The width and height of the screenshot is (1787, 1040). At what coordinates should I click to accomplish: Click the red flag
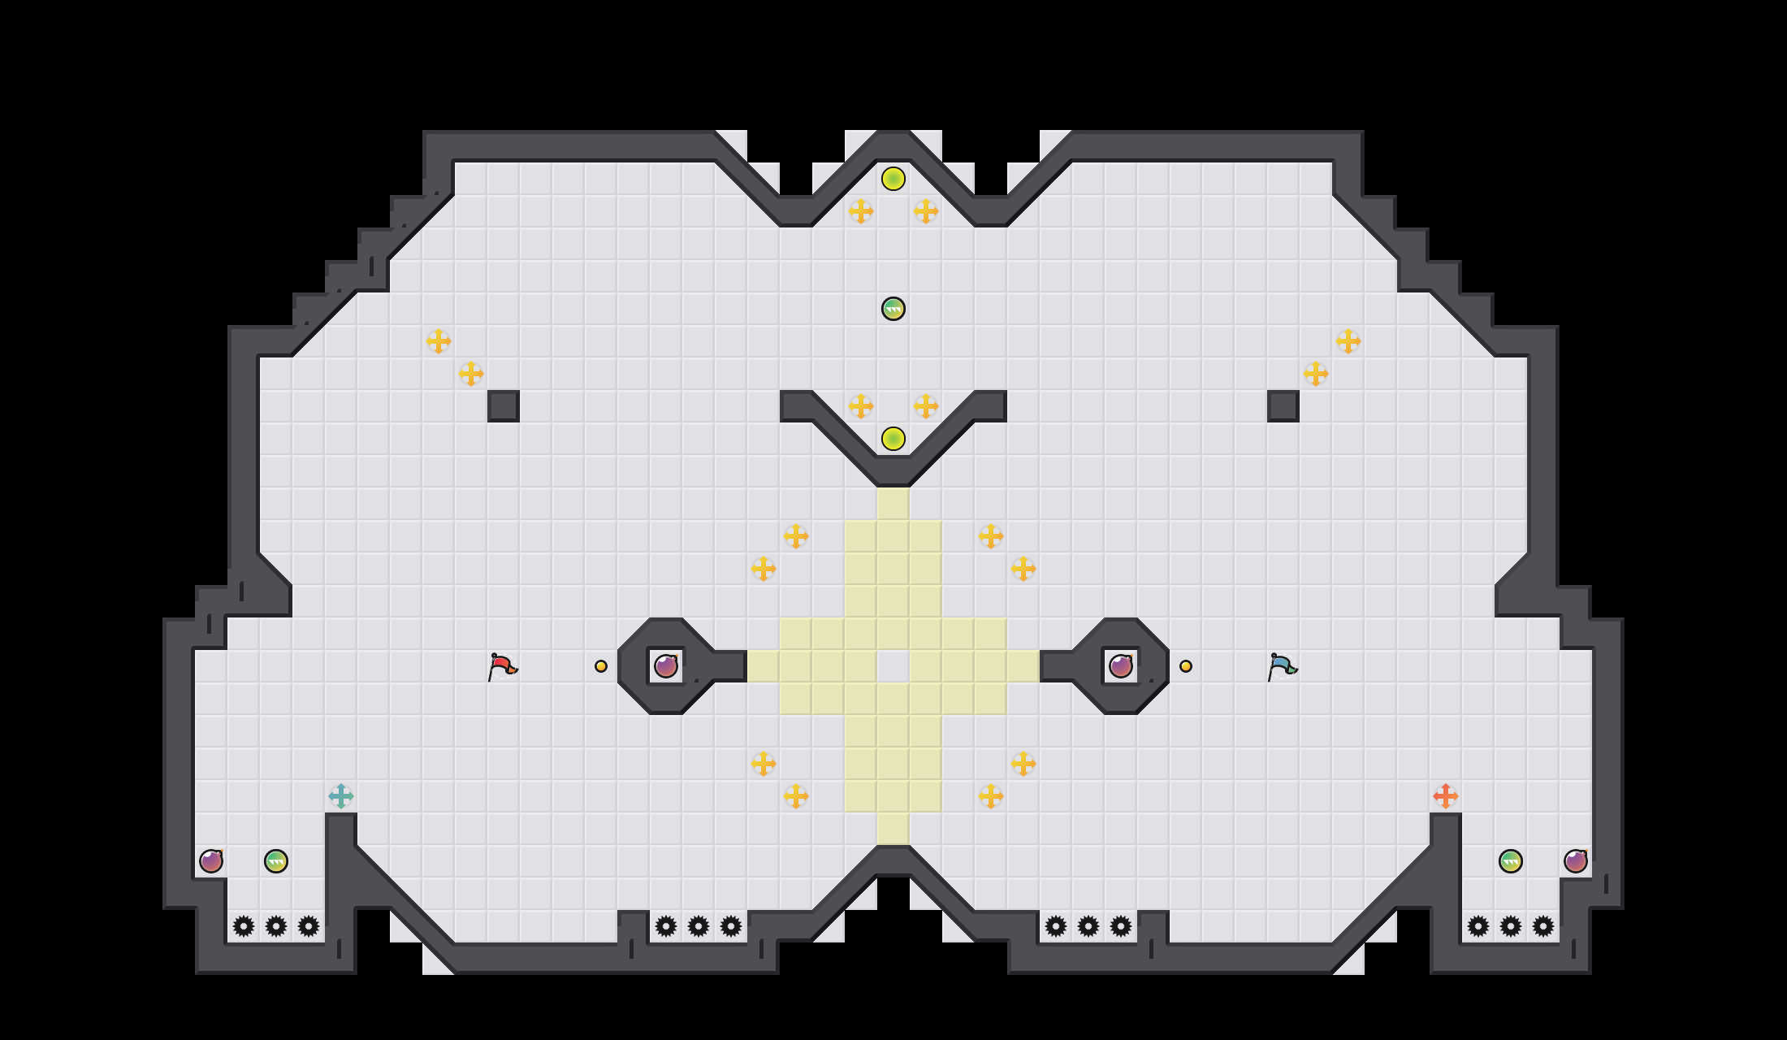tap(502, 666)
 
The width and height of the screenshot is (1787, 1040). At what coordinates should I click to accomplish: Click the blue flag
tap(1282, 666)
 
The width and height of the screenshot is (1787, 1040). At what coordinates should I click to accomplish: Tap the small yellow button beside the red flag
tap(601, 666)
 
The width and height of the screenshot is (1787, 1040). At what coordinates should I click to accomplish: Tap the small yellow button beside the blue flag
tap(1186, 666)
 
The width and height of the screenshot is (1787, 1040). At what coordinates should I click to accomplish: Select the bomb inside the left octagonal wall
tap(666, 666)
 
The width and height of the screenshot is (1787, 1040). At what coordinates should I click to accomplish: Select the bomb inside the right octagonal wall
tap(1121, 666)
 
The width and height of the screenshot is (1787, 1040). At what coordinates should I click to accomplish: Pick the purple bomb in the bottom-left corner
tap(211, 861)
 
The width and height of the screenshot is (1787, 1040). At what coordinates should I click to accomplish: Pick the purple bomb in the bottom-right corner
tap(1576, 861)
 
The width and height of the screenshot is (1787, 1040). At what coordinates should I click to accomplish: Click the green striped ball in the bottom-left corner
tap(276, 861)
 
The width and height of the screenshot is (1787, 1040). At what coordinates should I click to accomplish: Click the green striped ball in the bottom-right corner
tap(1511, 861)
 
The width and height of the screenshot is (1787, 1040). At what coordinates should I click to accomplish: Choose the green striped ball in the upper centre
tap(893, 309)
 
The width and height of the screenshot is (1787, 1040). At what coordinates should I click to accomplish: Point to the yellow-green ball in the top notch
tap(893, 179)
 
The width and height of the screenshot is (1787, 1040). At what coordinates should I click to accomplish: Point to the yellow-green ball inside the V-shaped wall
tap(893, 439)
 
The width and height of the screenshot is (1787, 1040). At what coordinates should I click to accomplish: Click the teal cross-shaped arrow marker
tap(341, 796)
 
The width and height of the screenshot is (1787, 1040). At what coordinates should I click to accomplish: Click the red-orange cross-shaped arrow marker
tap(1446, 796)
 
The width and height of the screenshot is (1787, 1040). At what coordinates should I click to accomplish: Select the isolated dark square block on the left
tap(504, 406)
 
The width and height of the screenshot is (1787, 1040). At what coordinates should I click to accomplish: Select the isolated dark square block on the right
tap(1283, 406)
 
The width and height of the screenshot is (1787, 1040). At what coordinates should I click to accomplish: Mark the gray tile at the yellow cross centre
tap(893, 666)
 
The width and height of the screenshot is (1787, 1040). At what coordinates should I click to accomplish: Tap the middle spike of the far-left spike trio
tap(276, 926)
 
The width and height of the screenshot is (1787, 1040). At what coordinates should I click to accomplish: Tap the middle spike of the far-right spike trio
tap(1511, 926)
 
